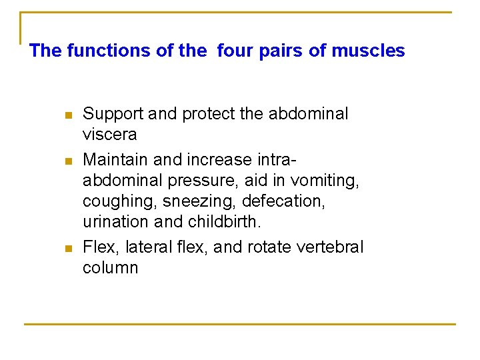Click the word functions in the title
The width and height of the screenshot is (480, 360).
tap(97, 51)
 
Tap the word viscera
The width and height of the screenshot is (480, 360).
tap(109, 135)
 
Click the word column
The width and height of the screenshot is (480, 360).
tap(110, 268)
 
